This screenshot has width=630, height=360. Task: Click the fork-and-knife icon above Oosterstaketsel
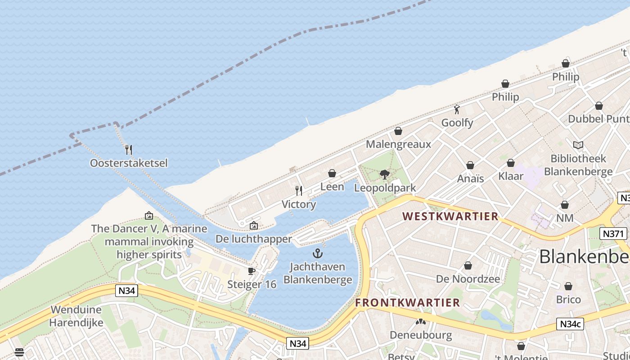coord(129,150)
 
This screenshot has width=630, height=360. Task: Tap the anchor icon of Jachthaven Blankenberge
coord(318,253)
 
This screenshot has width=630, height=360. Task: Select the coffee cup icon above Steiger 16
coord(252,271)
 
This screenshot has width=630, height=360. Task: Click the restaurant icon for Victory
coord(299,191)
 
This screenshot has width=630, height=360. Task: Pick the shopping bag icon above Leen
coord(332,173)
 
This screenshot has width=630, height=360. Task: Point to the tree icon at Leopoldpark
coord(385,174)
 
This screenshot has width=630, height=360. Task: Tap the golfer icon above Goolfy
coord(457,109)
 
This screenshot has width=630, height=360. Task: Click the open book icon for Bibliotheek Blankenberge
coord(578,145)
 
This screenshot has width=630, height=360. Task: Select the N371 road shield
coord(613,234)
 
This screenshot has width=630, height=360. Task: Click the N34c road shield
coord(570,324)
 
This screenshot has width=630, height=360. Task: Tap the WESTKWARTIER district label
coord(450,216)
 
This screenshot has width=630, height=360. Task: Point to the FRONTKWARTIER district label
coord(407,303)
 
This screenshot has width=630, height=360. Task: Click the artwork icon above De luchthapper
coord(254,225)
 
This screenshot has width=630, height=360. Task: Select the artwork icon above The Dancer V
coord(149,216)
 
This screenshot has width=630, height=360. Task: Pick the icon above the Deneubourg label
coord(421,322)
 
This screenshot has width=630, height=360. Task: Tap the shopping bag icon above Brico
coord(568,286)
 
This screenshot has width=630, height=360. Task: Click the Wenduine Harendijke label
coord(76,316)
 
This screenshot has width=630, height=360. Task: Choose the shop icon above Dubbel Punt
coord(599,106)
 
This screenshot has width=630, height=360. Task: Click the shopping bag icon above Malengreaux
coord(398,131)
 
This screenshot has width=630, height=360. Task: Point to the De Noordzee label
coord(468,279)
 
